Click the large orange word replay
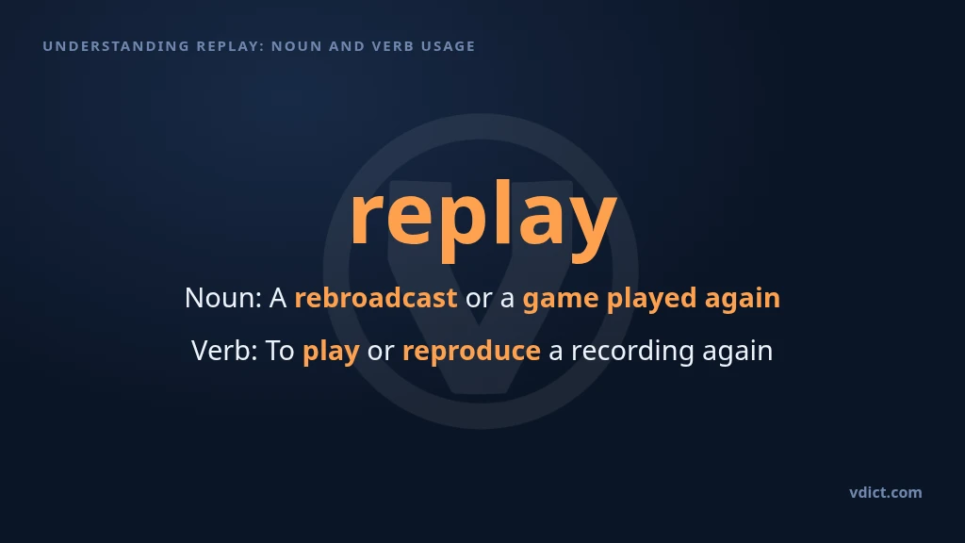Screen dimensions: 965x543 click(483, 219)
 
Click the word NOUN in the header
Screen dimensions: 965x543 click(297, 46)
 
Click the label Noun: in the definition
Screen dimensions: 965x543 click(223, 298)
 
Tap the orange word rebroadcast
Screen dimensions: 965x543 click(376, 298)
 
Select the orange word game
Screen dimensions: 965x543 click(561, 299)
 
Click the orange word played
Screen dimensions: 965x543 click(652, 299)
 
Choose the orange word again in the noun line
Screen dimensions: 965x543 click(743, 299)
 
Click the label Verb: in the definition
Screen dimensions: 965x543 click(224, 351)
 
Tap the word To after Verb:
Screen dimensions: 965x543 click(280, 351)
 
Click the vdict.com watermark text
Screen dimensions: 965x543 click(886, 492)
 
